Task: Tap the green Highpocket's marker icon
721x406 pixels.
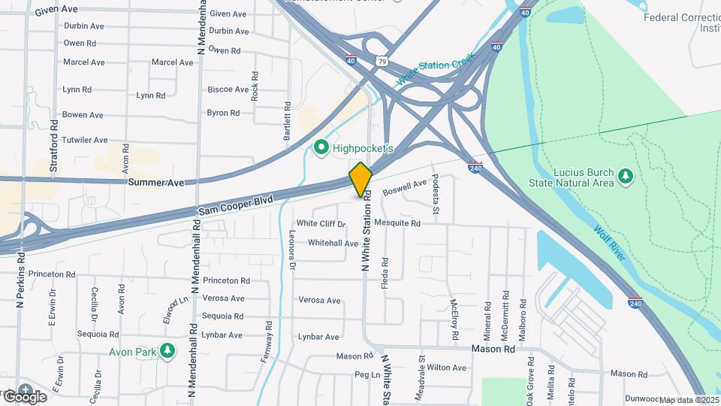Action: (x=322, y=148)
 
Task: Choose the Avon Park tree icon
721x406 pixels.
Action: (x=169, y=350)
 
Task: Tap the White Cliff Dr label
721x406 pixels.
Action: (x=321, y=223)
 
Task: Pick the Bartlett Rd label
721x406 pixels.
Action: (x=287, y=123)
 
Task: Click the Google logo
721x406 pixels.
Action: (x=24, y=396)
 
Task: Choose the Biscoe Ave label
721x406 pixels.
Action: (x=228, y=89)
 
